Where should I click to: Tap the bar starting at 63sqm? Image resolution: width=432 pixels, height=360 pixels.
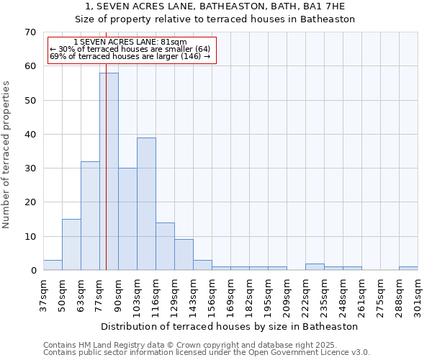90,216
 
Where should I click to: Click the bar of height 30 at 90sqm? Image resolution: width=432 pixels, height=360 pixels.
127,219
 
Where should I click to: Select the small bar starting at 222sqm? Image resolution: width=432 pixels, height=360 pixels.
315,267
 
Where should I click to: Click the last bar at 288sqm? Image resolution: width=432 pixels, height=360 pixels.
408,269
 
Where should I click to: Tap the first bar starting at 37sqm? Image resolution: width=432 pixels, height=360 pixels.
53,265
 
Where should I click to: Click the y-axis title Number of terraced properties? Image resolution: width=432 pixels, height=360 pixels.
7,155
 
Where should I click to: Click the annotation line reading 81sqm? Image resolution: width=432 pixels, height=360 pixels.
130,42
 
